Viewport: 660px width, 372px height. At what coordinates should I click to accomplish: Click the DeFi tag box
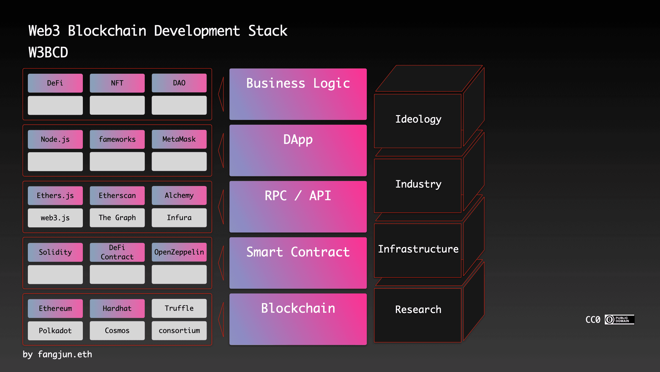[x=55, y=83]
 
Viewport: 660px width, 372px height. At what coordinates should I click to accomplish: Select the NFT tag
[x=117, y=83]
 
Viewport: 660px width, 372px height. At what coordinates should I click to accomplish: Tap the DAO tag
[x=179, y=83]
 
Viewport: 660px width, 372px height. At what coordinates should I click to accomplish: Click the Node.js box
[x=55, y=139]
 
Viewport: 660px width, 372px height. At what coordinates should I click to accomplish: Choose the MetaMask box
[x=179, y=139]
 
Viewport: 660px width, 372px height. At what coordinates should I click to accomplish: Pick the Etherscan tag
[x=117, y=196]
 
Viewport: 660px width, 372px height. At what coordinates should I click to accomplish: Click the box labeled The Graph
[x=117, y=218]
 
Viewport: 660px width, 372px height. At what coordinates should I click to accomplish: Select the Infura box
[x=179, y=218]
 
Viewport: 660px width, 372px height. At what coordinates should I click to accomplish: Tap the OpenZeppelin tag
[x=179, y=252]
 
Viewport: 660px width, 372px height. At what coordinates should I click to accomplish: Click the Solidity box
[x=55, y=252]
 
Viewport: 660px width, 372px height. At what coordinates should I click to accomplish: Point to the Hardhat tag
[x=117, y=308]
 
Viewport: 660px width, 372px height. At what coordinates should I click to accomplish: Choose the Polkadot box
[x=55, y=331]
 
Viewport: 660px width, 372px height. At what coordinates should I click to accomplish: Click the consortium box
[x=179, y=331]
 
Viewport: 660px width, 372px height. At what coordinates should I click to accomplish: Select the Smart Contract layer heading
[x=298, y=252]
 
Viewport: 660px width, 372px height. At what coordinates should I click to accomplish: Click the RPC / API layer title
[x=298, y=196]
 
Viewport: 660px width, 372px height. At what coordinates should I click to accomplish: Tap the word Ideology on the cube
[x=418, y=119]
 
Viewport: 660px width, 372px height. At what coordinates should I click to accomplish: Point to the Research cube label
[x=418, y=309]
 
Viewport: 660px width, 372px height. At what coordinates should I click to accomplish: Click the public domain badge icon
[x=619, y=320]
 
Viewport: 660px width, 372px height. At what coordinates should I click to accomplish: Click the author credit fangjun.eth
[x=65, y=354]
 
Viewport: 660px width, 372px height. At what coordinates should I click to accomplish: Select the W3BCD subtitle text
[x=48, y=53]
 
